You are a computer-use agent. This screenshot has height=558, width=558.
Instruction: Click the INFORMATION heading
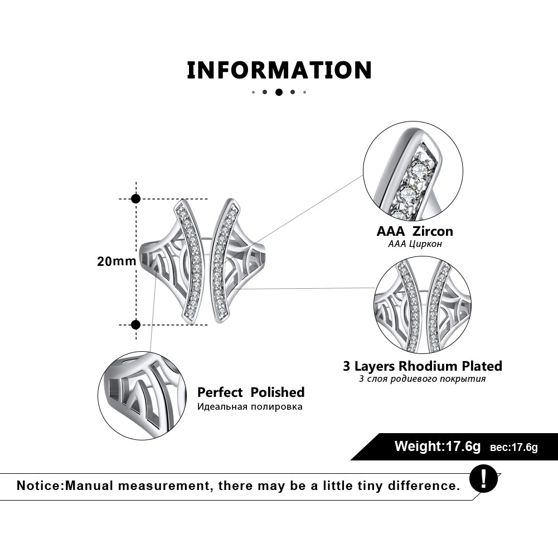pyautogui.click(x=279, y=70)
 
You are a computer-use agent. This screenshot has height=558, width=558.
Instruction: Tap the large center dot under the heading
pyautogui.click(x=279, y=92)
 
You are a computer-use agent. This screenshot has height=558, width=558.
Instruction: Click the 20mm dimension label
pyautogui.click(x=117, y=261)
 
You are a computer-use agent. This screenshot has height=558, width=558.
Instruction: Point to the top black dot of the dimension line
pyautogui.click(x=136, y=198)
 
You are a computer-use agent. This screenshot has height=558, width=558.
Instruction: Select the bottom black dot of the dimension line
pyautogui.click(x=135, y=324)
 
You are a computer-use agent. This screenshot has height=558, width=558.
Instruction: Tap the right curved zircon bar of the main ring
pyautogui.click(x=224, y=261)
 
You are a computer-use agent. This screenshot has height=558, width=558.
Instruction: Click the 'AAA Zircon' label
pyautogui.click(x=415, y=231)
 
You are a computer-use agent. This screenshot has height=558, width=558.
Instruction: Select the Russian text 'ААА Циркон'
pyautogui.click(x=415, y=244)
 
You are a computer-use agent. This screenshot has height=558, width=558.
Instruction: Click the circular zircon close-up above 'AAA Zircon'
pyautogui.click(x=413, y=171)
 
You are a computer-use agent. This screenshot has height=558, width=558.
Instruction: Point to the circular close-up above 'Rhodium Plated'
pyautogui.click(x=423, y=305)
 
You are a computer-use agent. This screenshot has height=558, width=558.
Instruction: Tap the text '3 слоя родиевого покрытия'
pyautogui.click(x=422, y=379)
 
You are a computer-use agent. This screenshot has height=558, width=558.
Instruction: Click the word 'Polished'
pyautogui.click(x=277, y=392)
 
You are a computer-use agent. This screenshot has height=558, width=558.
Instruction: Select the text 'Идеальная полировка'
pyautogui.click(x=250, y=406)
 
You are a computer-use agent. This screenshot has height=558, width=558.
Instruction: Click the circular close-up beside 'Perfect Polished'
pyautogui.click(x=142, y=396)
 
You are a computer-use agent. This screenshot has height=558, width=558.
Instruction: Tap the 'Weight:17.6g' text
pyautogui.click(x=438, y=446)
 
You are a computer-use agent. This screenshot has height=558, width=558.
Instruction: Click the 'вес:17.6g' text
pyautogui.click(x=513, y=447)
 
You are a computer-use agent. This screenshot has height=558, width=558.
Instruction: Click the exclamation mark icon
pyautogui.click(x=483, y=479)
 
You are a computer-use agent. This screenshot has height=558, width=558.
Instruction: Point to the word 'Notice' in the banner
pyautogui.click(x=39, y=486)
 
